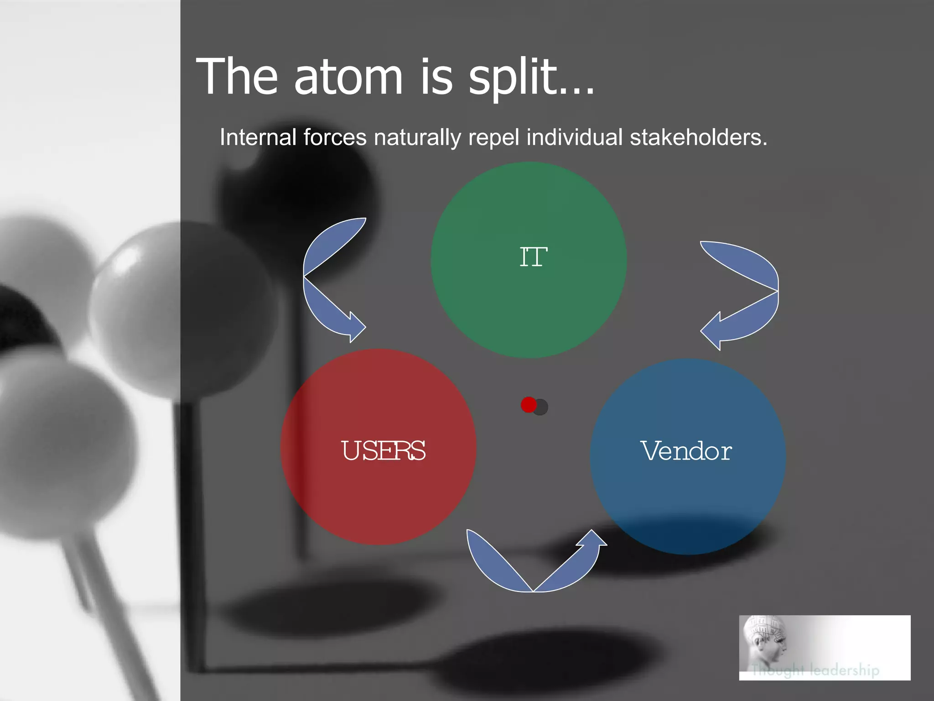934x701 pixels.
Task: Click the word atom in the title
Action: pos(348,78)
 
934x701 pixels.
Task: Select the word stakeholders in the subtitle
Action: pos(698,137)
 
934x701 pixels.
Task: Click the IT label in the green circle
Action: pos(533,257)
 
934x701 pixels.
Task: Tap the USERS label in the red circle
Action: pos(383,451)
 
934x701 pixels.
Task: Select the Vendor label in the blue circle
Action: pos(686,451)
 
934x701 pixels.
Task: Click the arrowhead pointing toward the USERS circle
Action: pos(356,327)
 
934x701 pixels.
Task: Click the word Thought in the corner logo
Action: pos(777,670)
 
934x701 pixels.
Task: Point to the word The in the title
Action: pos(237,78)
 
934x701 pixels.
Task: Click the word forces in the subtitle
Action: pos(335,137)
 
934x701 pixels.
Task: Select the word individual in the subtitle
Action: pos(574,137)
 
